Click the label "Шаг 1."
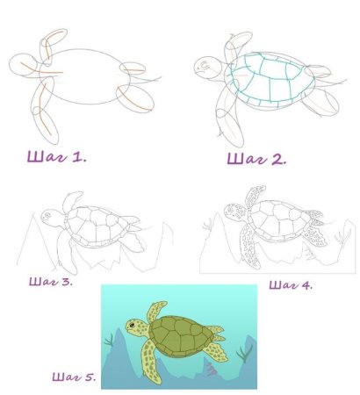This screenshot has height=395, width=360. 57,156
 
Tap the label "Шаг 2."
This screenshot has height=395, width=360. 256,159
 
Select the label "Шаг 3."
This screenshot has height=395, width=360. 51,282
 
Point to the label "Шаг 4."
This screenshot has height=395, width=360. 291,285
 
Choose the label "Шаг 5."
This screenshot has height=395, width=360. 74,377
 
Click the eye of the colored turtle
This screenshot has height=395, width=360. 132,325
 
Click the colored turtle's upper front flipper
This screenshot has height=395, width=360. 155,311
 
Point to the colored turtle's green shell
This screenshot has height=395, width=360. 181,336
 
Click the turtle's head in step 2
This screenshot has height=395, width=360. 209,68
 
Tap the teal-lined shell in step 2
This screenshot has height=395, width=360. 270,79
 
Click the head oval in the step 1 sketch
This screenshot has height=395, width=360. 24,65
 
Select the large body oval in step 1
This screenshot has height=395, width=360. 85,76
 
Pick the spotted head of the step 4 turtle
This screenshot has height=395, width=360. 236,212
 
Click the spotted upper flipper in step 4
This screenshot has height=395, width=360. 255,196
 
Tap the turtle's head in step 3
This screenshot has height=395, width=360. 53,217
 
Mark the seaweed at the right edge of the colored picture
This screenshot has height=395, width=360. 244,353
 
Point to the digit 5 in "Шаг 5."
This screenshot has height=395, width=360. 89,377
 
